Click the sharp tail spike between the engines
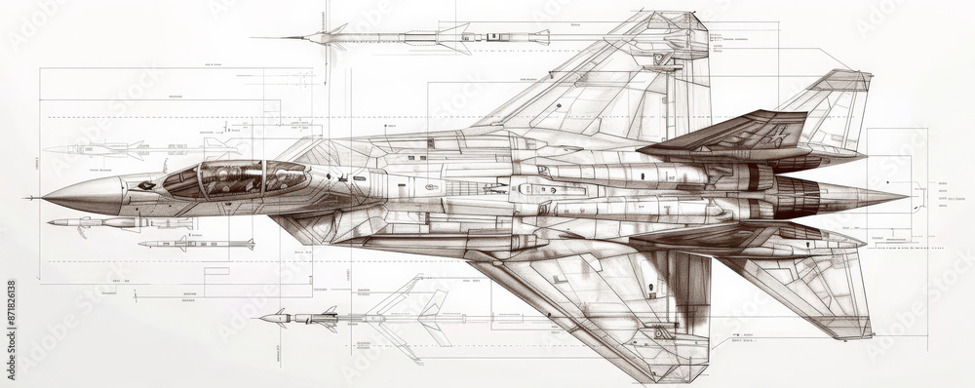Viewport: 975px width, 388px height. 868,195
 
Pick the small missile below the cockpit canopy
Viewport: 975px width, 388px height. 195,244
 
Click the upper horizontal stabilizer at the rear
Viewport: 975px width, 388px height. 829,107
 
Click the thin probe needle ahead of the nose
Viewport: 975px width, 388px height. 34,198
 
